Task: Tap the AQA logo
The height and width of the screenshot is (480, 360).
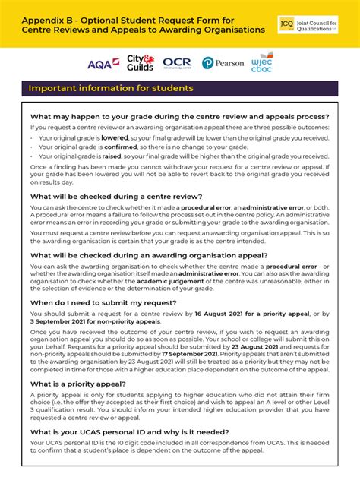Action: click(103, 64)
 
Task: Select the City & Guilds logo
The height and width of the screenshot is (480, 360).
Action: click(141, 63)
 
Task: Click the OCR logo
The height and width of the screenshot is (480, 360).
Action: click(177, 63)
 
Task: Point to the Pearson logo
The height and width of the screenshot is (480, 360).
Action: click(223, 63)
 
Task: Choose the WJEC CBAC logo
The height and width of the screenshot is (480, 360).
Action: click(262, 62)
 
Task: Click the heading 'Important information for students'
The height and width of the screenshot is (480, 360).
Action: click(111, 88)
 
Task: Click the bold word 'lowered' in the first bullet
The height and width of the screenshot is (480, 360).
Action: click(115, 138)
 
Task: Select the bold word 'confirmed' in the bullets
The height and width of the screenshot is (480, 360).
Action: click(118, 147)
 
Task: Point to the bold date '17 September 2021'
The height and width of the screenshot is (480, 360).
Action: click(189, 354)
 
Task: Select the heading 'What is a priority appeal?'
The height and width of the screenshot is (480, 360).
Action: click(78, 384)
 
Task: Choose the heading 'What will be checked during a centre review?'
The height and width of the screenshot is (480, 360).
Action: click(115, 196)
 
